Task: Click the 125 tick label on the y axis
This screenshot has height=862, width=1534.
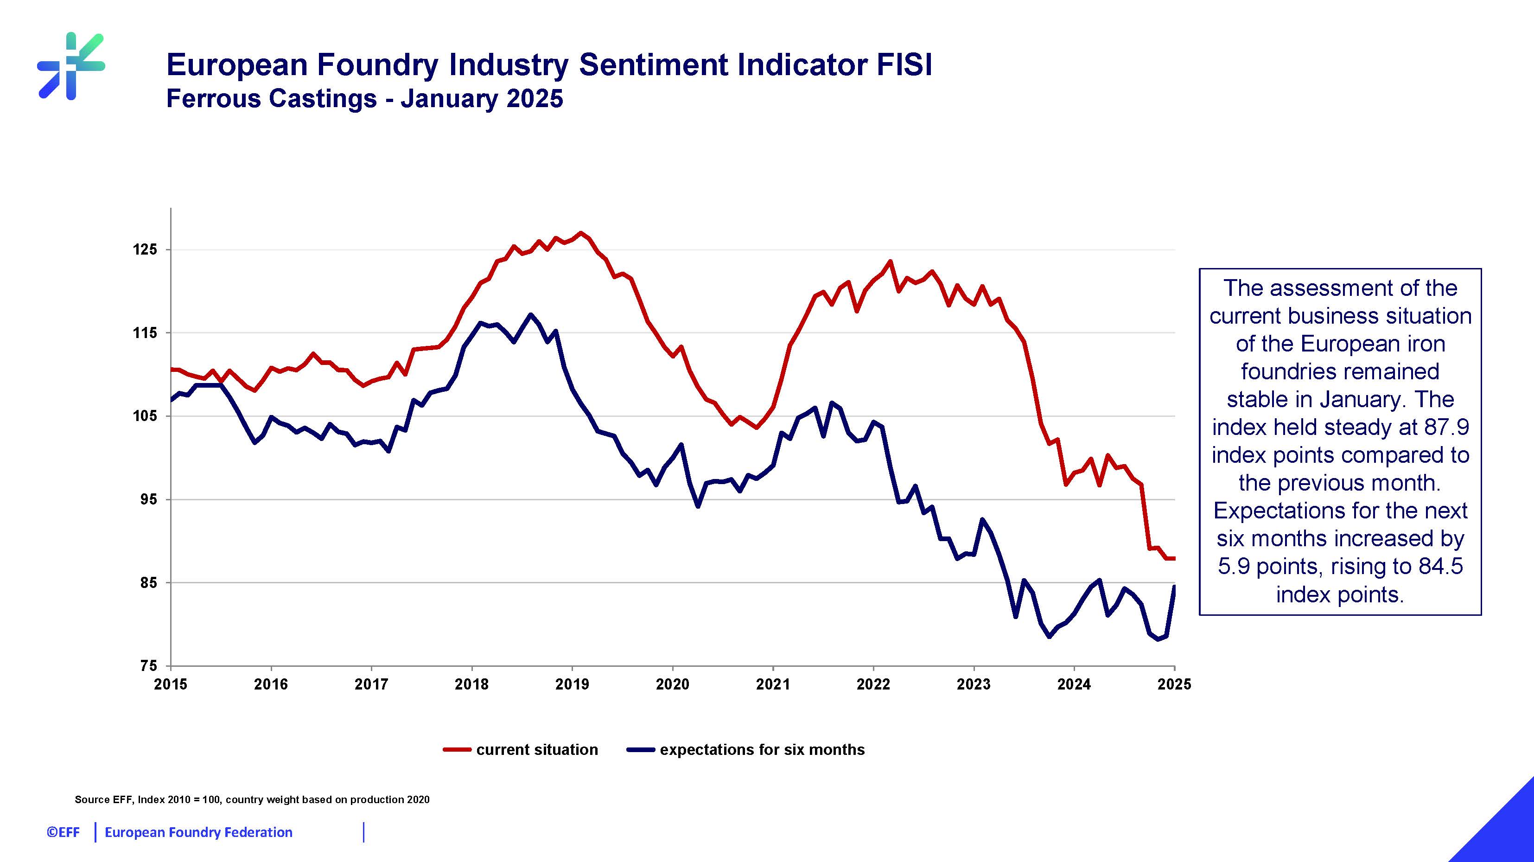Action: coord(145,249)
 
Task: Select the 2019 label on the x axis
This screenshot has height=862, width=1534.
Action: coord(572,684)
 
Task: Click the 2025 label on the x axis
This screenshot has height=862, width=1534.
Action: coord(1174,684)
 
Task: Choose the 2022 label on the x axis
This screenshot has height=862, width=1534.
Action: coord(873,684)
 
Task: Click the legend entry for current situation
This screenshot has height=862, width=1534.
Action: coord(536,749)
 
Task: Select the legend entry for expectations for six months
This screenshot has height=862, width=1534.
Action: coord(762,749)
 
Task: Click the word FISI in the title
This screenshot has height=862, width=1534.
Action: coord(904,64)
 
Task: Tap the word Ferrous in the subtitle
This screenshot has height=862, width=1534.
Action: coord(212,99)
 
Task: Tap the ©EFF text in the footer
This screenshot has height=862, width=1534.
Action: coord(63,832)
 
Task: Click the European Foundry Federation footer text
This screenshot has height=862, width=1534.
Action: coord(198,832)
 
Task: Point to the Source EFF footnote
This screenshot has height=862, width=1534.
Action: coord(252,799)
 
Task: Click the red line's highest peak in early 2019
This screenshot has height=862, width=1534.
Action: coord(580,233)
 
